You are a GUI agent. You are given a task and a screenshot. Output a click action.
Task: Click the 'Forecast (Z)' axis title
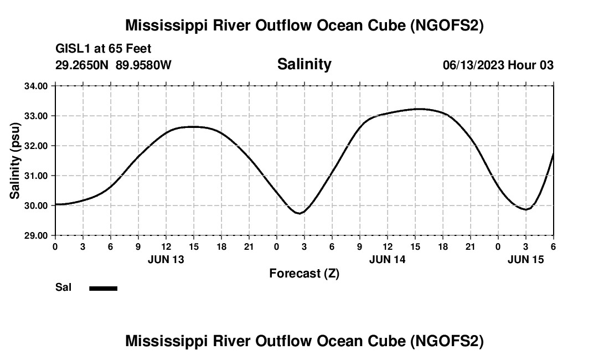coord(304,273)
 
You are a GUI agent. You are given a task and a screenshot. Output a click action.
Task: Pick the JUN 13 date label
coord(166,259)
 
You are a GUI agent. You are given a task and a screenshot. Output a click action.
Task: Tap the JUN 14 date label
coord(387,259)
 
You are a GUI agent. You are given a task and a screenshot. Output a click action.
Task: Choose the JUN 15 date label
coord(525,259)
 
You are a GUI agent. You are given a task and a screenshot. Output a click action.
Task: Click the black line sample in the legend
coord(103,288)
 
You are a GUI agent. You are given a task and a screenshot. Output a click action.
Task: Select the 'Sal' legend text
coord(63,287)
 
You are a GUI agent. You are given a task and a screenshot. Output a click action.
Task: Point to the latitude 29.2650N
coord(82,65)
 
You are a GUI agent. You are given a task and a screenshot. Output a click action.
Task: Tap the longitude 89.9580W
coord(143,65)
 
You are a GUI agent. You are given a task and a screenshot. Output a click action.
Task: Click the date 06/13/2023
coord(473,65)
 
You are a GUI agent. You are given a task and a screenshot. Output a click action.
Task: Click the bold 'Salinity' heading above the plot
coord(304,64)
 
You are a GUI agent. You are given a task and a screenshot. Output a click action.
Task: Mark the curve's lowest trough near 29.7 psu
coord(300,213)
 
